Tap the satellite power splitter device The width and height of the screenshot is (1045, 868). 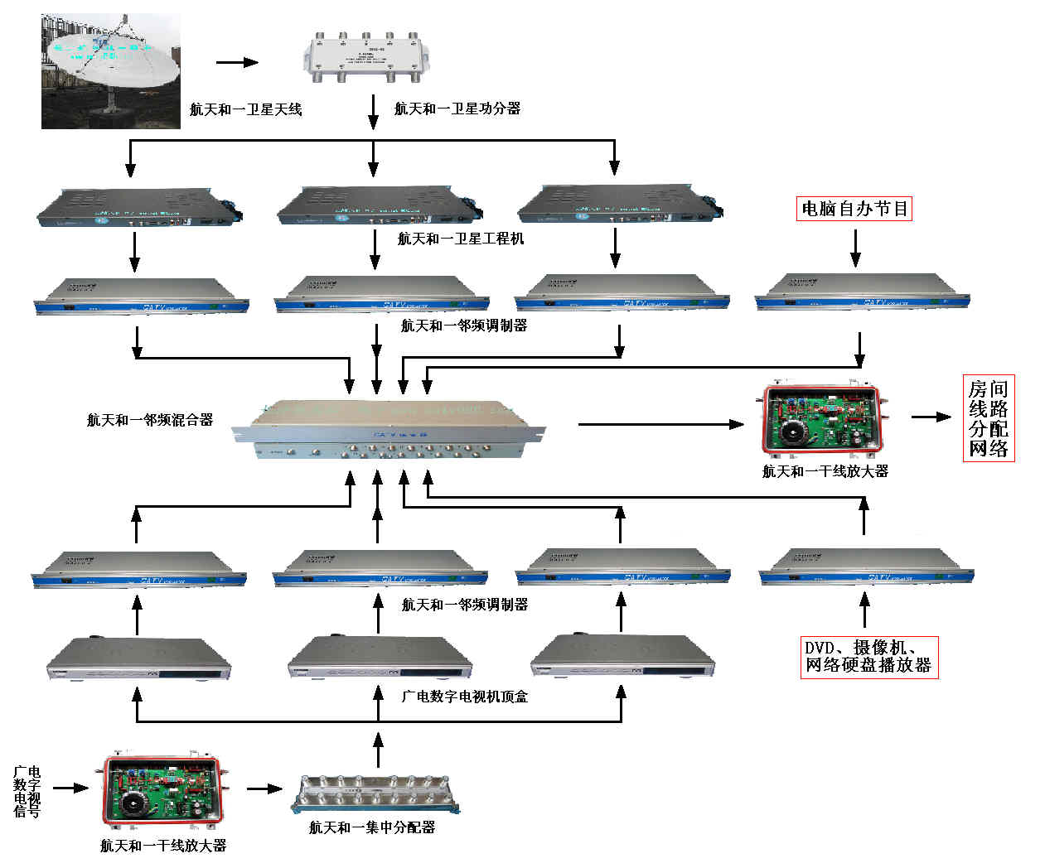tap(365, 57)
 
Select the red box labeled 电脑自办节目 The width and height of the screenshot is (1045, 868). tap(854, 209)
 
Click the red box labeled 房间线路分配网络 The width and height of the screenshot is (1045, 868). tap(988, 418)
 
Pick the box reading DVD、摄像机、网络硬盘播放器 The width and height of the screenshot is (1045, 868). tap(868, 657)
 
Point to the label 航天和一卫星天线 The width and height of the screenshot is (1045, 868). tap(245, 109)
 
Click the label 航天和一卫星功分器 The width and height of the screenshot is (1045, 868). tap(457, 108)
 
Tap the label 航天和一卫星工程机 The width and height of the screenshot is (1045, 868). tap(460, 239)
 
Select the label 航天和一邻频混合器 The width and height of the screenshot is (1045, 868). tap(150, 420)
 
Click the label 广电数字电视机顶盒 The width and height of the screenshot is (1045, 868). tap(464, 697)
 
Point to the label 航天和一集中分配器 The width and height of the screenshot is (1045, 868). tap(372, 827)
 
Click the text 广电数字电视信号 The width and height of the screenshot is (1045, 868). tap(27, 792)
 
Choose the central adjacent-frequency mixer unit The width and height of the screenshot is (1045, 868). tap(388, 428)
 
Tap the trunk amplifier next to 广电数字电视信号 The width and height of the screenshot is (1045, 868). tap(163, 792)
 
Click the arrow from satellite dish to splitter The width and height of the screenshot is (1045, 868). tap(237, 62)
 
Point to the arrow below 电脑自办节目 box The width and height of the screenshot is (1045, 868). tap(855, 247)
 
